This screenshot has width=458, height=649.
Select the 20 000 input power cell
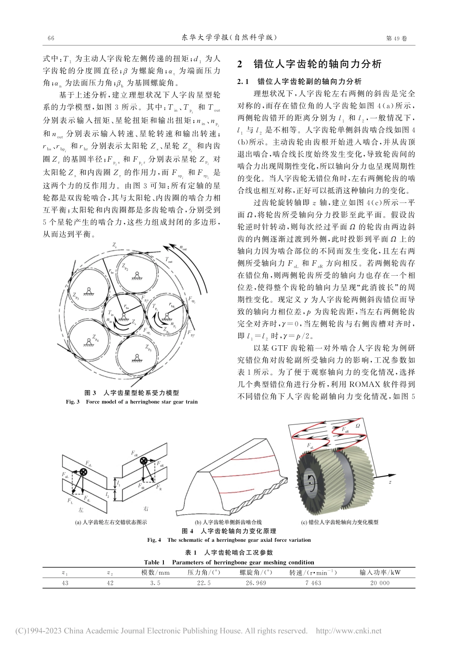[x=380, y=583]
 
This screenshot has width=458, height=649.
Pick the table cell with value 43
[x=65, y=583]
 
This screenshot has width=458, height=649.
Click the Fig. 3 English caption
[x=132, y=401]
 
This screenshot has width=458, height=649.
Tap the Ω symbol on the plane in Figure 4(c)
[x=358, y=426]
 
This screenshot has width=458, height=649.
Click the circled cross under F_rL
[x=83, y=472]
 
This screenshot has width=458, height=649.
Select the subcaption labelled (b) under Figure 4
[x=228, y=522]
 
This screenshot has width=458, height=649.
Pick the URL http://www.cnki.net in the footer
[x=348, y=631]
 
